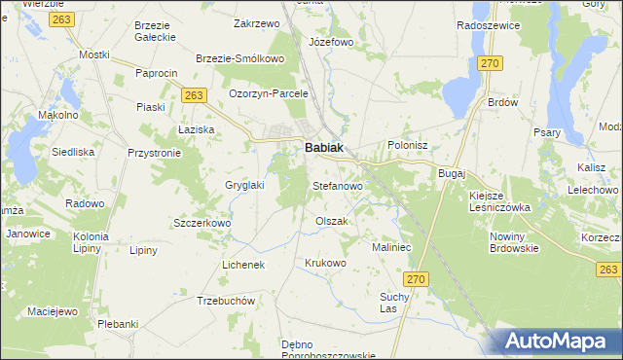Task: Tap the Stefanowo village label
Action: click(337, 185)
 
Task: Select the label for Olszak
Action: click(331, 221)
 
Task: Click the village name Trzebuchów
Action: click(225, 301)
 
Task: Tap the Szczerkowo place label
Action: click(201, 223)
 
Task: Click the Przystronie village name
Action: click(154, 153)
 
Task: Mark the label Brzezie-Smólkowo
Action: click(239, 58)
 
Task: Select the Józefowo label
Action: click(330, 43)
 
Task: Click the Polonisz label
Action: click(408, 145)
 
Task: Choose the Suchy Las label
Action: click(394, 303)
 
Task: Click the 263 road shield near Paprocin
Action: click(194, 93)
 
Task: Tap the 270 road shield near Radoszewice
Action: click(490, 63)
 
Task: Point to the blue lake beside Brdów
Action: click(457, 93)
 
